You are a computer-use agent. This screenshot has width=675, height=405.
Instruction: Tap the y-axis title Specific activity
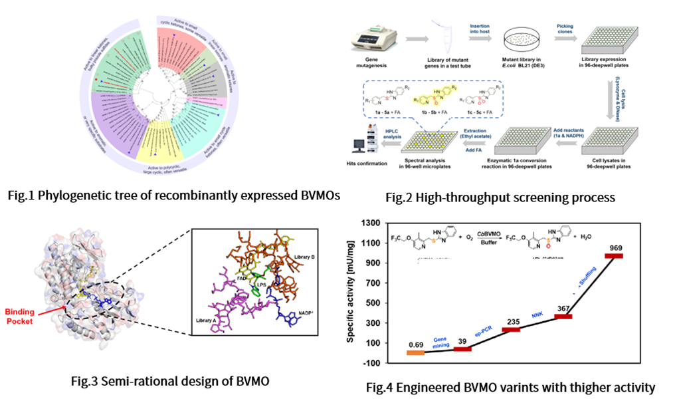(x=353, y=293)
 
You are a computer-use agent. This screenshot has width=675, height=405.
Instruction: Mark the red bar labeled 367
(x=563, y=317)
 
